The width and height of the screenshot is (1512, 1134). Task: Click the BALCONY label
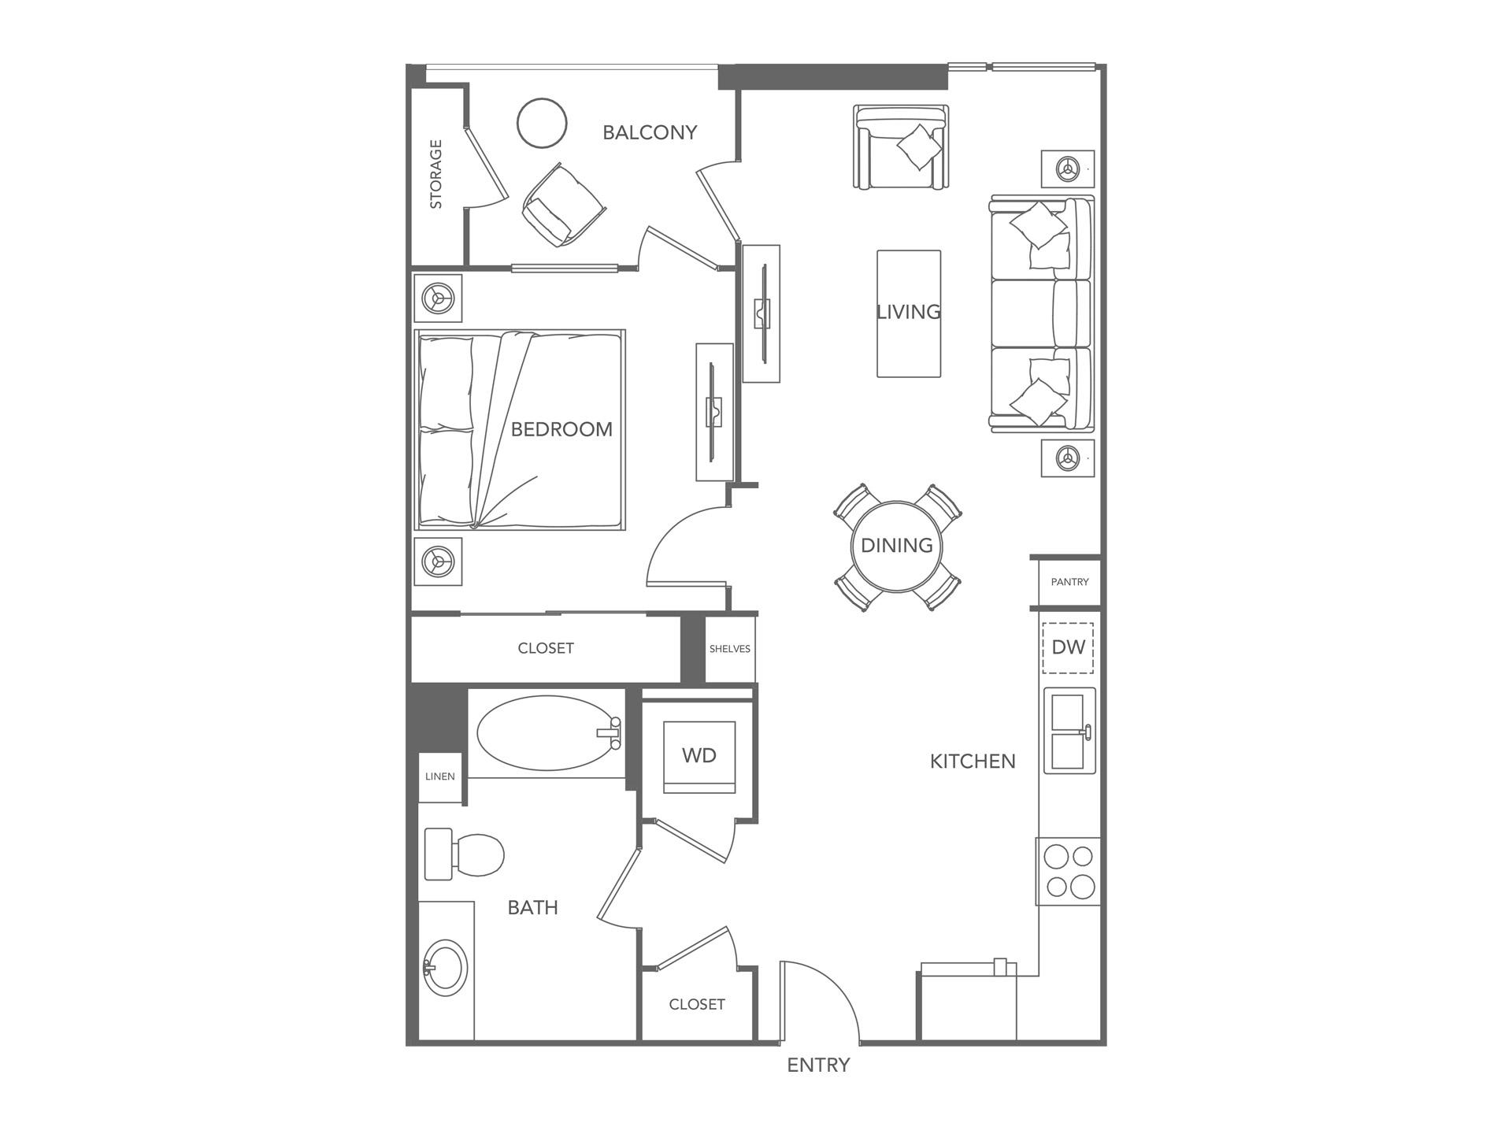point(650,132)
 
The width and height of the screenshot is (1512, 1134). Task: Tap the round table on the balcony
point(542,123)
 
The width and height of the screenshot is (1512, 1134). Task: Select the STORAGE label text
point(435,174)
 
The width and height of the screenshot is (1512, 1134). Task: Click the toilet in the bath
point(465,854)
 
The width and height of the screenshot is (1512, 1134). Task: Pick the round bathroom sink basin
point(445,967)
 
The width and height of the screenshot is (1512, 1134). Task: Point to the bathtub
point(547,732)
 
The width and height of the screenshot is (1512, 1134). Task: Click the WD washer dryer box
point(699,756)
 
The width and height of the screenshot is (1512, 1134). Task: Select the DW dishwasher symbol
point(1069,647)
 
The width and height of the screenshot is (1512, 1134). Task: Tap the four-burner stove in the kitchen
point(1069,872)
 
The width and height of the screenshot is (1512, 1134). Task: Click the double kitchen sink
point(1069,731)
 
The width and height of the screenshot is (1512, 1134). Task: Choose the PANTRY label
point(1069,582)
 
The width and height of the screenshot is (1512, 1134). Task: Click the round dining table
point(897,546)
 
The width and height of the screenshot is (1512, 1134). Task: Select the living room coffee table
point(909,313)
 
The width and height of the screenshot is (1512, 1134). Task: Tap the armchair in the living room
point(901,148)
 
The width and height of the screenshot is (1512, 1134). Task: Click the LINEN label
point(440,776)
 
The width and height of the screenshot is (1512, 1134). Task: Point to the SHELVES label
point(730,649)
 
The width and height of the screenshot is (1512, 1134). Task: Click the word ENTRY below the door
point(818,1065)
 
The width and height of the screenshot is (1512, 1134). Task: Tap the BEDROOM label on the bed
point(561,429)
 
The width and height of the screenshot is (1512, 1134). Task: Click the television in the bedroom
point(713,411)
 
